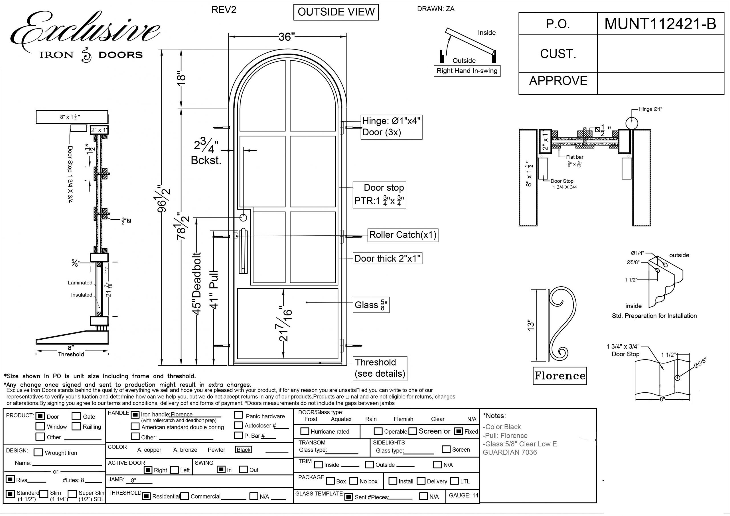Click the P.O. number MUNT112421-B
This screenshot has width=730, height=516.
click(660, 24)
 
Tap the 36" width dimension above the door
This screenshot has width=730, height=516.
click(287, 37)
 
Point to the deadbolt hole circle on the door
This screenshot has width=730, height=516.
click(243, 218)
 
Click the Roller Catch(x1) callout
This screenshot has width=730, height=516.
click(403, 235)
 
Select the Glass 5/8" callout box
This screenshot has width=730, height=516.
click(371, 305)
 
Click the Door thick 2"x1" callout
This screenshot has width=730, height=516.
click(388, 259)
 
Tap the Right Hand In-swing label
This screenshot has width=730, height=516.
click(467, 71)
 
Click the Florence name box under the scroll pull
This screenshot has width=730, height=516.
click(559, 376)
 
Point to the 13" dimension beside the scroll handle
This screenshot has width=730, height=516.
click(531, 325)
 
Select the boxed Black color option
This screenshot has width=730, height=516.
click(244, 450)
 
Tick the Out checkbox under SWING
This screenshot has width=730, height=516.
click(243, 469)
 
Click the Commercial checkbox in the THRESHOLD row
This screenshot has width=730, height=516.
click(185, 496)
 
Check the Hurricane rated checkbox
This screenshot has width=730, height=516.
click(305, 431)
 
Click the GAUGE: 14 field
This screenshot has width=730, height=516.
click(463, 495)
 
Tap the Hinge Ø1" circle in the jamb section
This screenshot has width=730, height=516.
click(631, 123)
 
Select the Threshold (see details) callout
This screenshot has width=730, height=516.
click(380, 368)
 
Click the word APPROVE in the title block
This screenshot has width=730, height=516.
click(558, 81)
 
